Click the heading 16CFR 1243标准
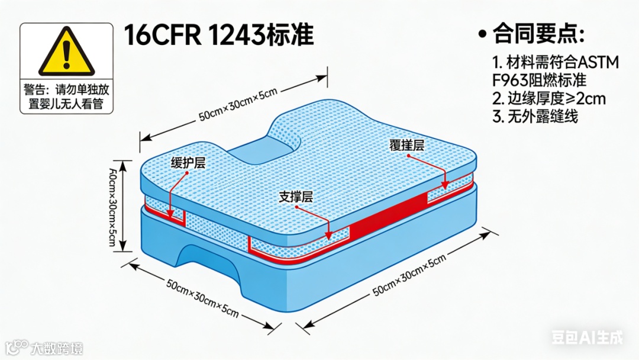coord(218,36)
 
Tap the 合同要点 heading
coord(538,34)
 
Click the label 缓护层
coord(188,163)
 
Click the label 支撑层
coord(296,197)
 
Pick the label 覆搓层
coord(406,144)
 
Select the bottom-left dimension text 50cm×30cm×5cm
coord(202,299)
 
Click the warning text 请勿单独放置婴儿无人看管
coord(66,98)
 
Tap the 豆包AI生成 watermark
coord(586,337)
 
